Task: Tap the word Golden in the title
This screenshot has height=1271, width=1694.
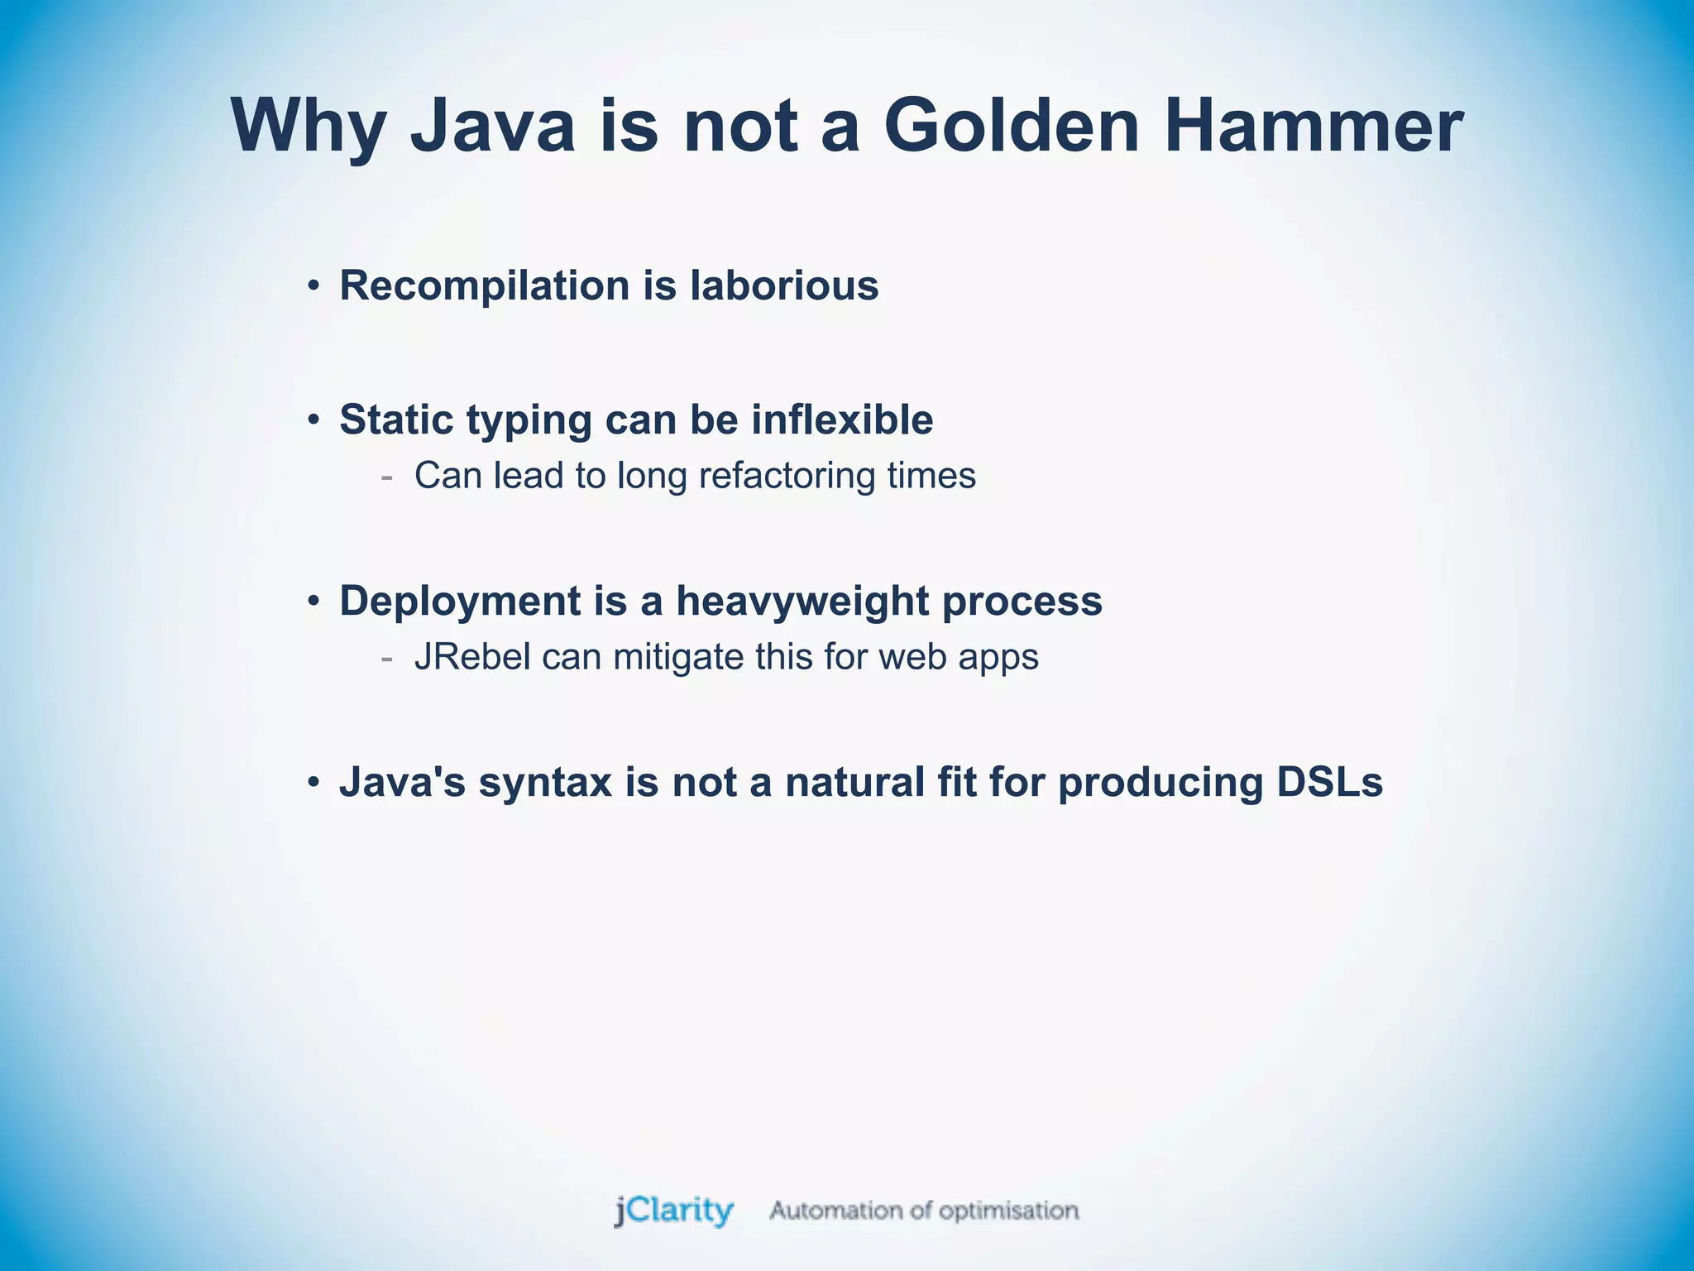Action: [1012, 126]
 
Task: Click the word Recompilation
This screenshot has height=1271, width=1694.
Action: [485, 286]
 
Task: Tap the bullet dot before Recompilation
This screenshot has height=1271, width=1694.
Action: [313, 287]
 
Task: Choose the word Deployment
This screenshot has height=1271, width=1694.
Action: [460, 602]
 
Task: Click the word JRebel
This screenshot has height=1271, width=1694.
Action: [472, 657]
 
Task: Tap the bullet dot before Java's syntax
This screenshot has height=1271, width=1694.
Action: [313, 783]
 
